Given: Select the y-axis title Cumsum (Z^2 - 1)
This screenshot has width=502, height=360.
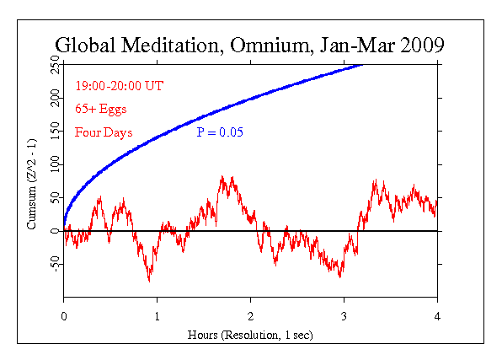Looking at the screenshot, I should point(32,180).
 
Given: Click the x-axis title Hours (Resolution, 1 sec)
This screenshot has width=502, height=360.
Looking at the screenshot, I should point(250,335).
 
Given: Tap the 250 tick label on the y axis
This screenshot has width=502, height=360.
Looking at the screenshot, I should point(53,66).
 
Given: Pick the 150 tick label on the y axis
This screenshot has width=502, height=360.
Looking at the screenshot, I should point(53,132).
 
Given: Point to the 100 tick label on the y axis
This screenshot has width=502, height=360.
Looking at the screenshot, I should point(53,164).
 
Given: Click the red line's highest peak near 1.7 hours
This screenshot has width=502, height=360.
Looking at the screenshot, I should point(222,177).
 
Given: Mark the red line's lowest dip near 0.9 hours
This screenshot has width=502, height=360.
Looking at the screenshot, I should point(150,280).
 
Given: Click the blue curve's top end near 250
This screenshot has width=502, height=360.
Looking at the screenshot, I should point(363,66).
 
